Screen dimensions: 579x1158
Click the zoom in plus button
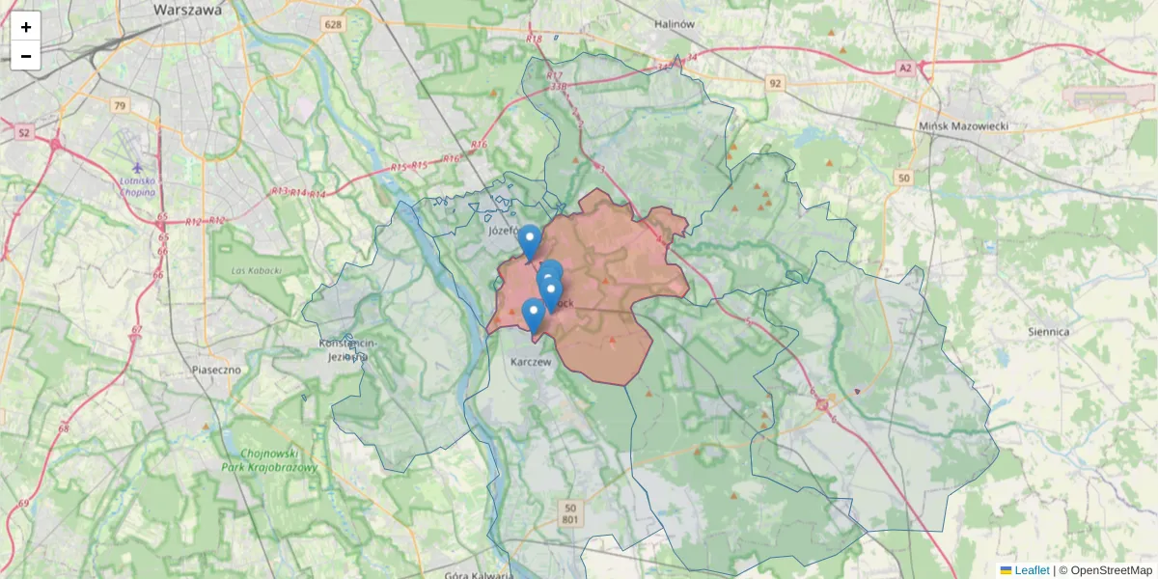tap(26, 27)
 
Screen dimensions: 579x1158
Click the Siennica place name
tap(1049, 331)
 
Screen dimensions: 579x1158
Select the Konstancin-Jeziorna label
tap(348, 349)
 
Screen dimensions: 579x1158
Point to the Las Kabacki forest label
tap(256, 270)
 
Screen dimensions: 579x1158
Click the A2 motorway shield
tap(904, 68)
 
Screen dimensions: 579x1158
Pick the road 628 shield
tap(334, 24)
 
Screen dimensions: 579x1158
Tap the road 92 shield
tap(775, 84)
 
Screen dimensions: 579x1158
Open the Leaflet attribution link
tap(1031, 570)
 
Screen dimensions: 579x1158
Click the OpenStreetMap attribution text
tap(1111, 570)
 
